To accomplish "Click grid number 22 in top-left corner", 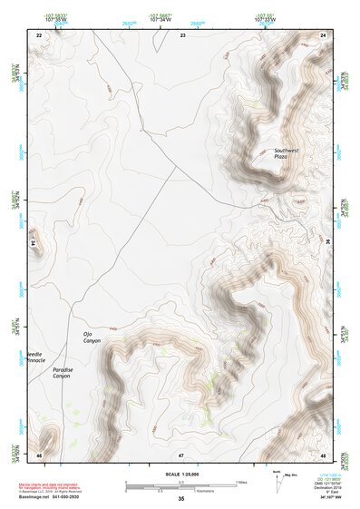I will point(39,34).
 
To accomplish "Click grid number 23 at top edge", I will point(182,34).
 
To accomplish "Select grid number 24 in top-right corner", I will point(322,34).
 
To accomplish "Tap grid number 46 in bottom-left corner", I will point(39,453).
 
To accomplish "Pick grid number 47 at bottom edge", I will point(181,453).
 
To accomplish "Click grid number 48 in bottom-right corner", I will point(322,453).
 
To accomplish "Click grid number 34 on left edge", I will point(34,243).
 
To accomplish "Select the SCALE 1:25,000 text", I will point(180,475).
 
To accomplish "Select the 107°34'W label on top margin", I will point(161,18).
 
